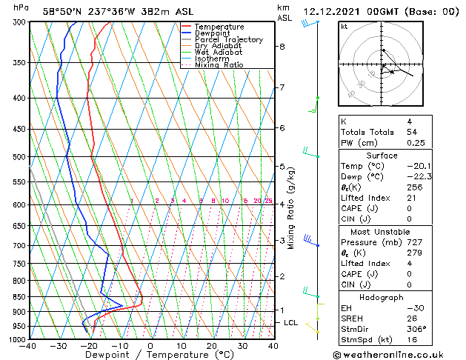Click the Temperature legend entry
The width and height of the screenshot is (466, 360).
point(218,27)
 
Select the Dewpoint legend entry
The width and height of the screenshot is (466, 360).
point(213,33)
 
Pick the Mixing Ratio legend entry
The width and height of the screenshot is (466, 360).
point(219,65)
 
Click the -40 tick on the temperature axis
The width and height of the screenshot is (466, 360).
point(29,346)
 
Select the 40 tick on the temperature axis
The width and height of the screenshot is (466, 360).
point(273,346)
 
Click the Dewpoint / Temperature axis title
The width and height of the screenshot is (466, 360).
point(151,355)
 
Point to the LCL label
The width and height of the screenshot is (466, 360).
point(290,323)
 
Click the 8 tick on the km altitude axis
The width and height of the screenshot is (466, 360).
point(282,47)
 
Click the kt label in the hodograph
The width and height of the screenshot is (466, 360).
point(344,26)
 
